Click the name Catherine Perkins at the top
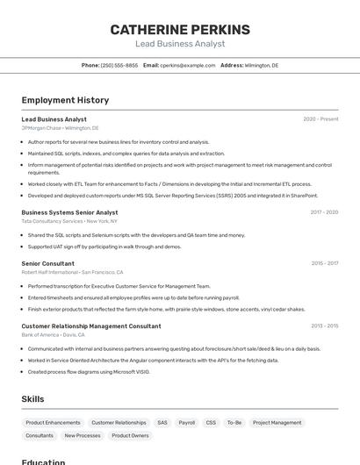(180, 29)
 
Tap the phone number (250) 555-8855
(119, 65)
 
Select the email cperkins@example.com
(188, 65)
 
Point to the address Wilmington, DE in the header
(261, 65)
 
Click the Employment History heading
(65, 100)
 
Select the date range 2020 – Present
(320, 119)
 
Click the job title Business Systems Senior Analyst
(69, 212)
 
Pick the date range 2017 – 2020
(324, 212)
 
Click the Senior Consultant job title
(47, 263)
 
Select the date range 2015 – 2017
(324, 263)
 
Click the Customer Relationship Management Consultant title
(91, 326)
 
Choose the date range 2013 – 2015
(324, 326)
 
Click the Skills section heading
(33, 399)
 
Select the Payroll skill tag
(187, 422)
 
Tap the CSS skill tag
(211, 422)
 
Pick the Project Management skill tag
(277, 422)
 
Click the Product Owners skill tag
(130, 435)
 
